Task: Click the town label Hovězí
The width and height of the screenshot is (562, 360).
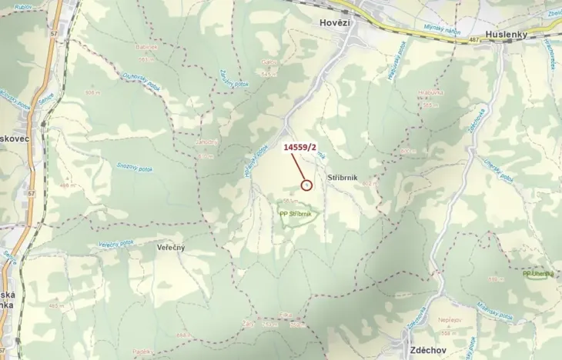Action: (x=334, y=23)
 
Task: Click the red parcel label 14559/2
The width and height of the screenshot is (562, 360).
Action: (x=300, y=146)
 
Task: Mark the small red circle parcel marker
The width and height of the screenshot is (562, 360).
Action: (x=306, y=185)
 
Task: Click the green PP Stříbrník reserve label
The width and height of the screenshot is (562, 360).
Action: (x=296, y=214)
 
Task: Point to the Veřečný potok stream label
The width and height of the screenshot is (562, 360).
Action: (x=115, y=244)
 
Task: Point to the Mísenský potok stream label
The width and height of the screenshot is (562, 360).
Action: (x=493, y=311)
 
